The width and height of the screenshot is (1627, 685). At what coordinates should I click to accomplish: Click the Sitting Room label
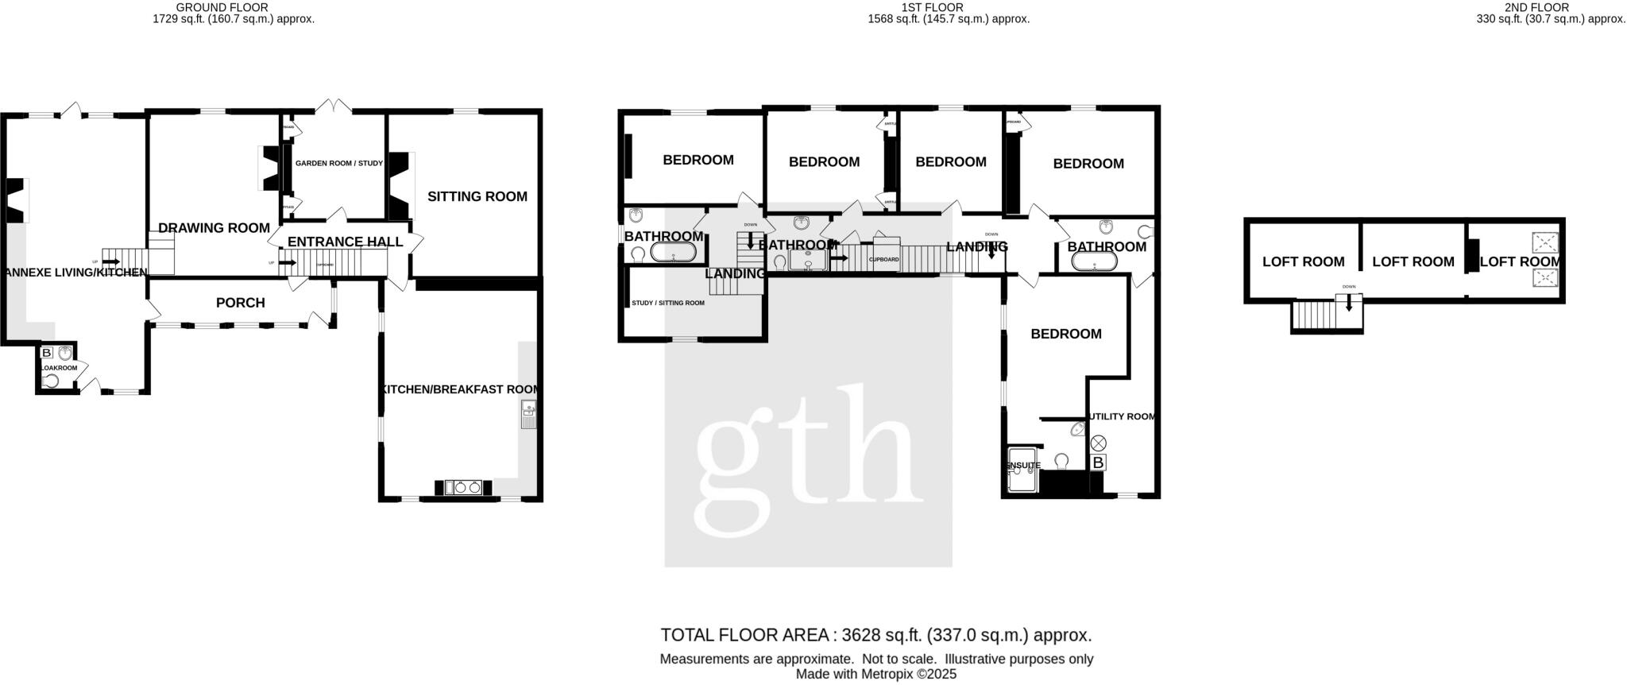(x=477, y=196)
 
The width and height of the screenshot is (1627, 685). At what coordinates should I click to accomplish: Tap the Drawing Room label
(x=214, y=228)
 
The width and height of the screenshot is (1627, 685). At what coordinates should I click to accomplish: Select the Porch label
(x=240, y=303)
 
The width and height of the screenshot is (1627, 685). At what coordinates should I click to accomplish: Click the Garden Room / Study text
(x=338, y=164)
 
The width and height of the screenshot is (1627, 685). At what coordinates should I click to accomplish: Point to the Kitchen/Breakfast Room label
(x=460, y=389)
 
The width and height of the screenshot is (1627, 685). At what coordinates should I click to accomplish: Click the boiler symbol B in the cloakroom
(x=47, y=353)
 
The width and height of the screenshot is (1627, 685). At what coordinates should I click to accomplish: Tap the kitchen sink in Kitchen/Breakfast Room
(x=528, y=414)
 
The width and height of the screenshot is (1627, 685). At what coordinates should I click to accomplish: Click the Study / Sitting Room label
(x=667, y=303)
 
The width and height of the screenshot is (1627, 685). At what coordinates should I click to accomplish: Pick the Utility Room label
(x=1122, y=416)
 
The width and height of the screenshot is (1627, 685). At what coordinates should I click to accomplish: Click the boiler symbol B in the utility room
(x=1098, y=462)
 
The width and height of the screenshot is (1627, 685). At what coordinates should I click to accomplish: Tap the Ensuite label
(x=1023, y=466)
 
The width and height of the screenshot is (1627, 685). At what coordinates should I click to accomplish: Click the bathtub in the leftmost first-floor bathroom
(x=673, y=253)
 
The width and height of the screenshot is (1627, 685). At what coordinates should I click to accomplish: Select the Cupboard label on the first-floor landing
(x=883, y=260)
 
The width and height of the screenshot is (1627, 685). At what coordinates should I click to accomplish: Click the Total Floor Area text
(x=875, y=635)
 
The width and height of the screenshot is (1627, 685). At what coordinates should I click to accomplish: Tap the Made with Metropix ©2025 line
(x=875, y=675)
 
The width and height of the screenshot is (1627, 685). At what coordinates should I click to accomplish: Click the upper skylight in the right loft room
(x=1544, y=242)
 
